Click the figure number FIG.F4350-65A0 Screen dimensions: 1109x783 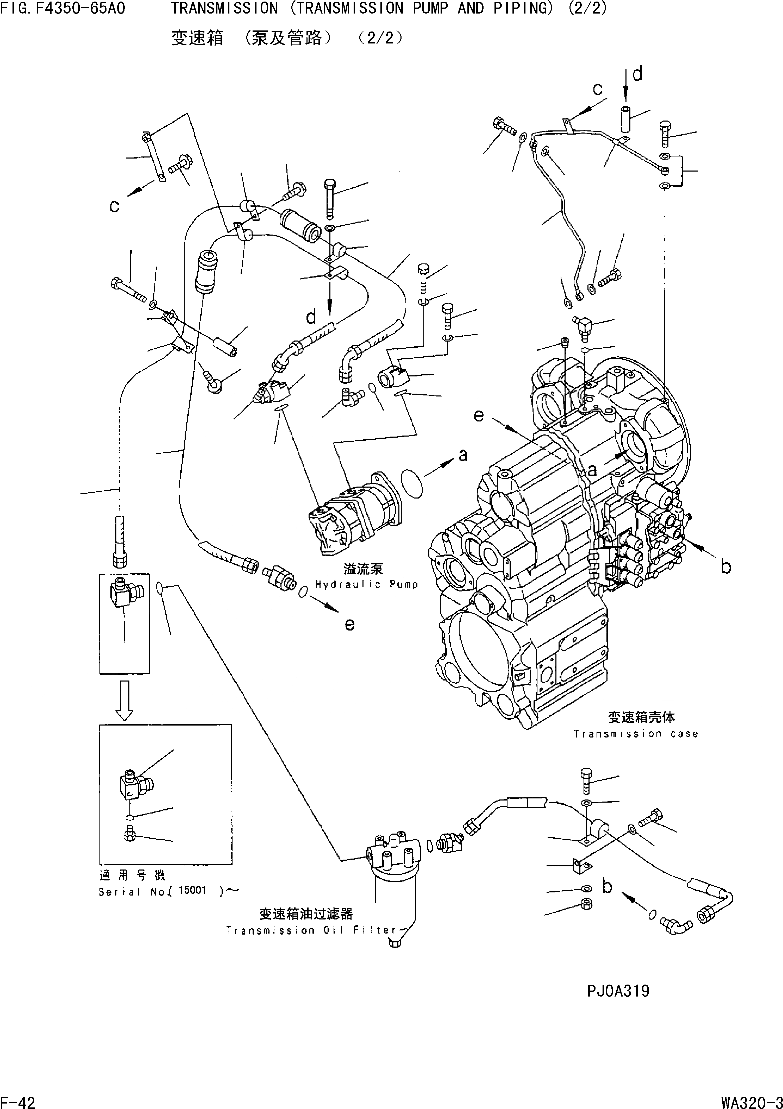click(x=63, y=8)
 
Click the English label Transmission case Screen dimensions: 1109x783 click(x=636, y=734)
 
